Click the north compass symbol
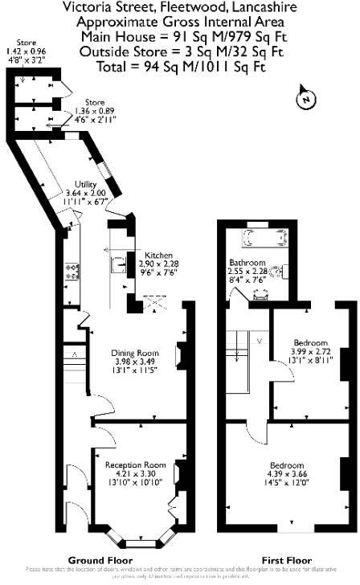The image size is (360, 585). pyautogui.click(x=305, y=98)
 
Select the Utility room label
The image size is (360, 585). pyautogui.click(x=86, y=185)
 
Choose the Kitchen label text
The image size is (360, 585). pyautogui.click(x=158, y=255)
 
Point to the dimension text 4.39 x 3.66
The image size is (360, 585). pyautogui.click(x=286, y=474)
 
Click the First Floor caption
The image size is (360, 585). pyautogui.click(x=287, y=560)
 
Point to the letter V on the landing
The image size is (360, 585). pyautogui.click(x=259, y=340)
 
